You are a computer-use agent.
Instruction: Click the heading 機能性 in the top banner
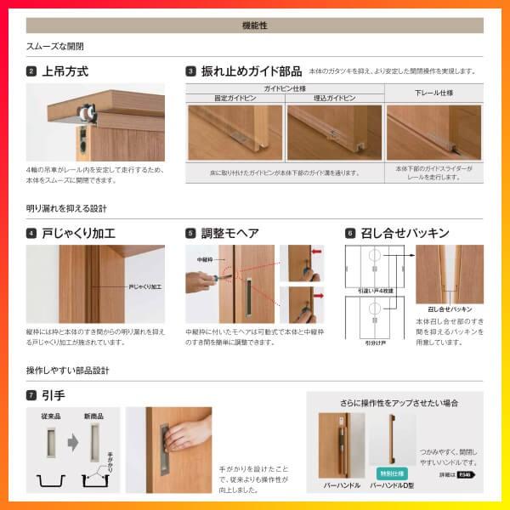point(255,25)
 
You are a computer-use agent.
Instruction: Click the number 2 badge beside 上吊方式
point(31,71)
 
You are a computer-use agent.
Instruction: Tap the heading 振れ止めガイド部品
point(252,71)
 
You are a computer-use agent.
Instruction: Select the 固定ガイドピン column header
point(235,99)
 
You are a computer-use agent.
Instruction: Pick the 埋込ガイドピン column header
point(334,99)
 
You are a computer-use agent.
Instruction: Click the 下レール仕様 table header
point(434,92)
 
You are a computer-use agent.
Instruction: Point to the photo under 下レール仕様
point(434,133)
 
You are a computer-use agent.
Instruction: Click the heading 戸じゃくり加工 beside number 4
point(79,233)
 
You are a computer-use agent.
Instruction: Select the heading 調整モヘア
point(229,233)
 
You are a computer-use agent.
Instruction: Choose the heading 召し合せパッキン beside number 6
point(405,233)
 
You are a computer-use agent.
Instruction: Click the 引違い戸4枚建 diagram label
point(373,291)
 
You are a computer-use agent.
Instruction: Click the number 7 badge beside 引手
point(31,395)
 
